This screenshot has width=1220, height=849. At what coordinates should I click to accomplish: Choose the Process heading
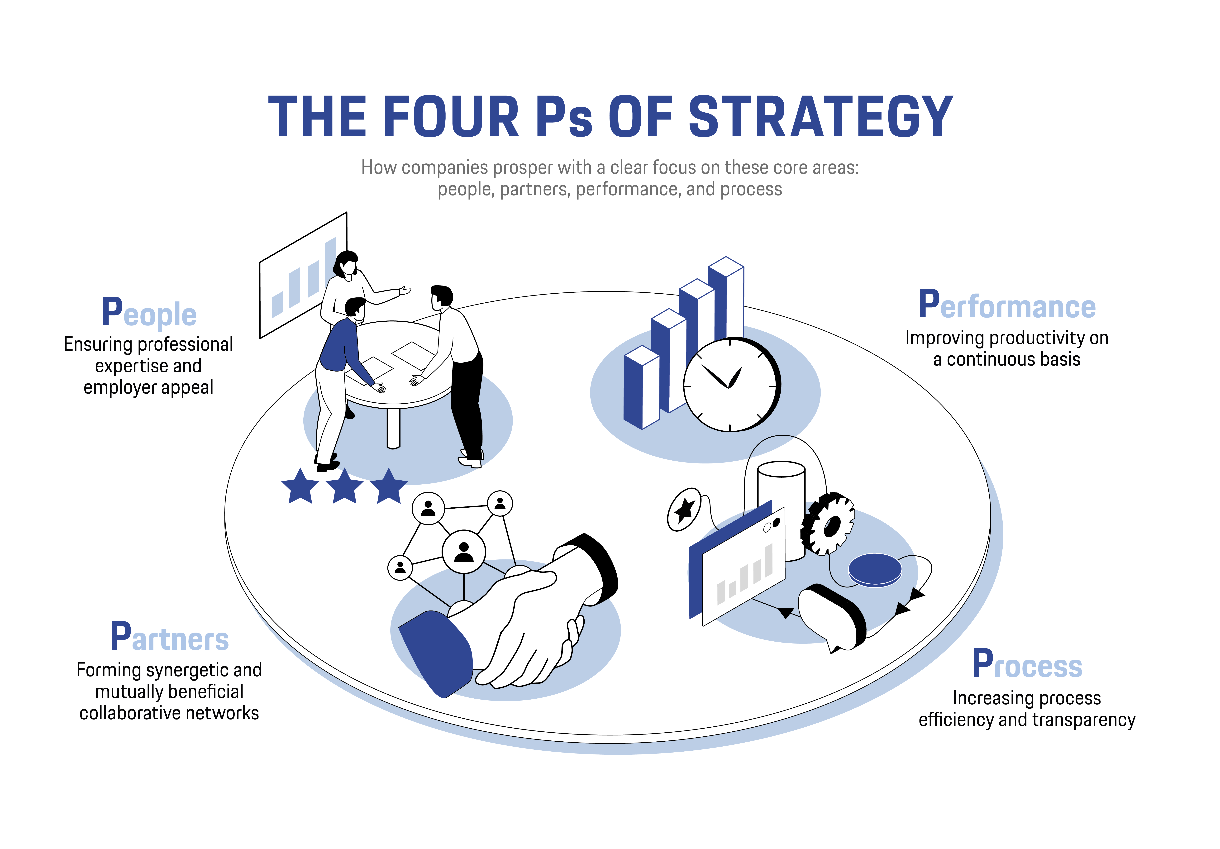(1027, 664)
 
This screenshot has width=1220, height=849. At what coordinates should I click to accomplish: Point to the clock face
(732, 385)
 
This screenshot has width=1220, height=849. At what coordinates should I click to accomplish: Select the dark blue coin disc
(875, 570)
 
